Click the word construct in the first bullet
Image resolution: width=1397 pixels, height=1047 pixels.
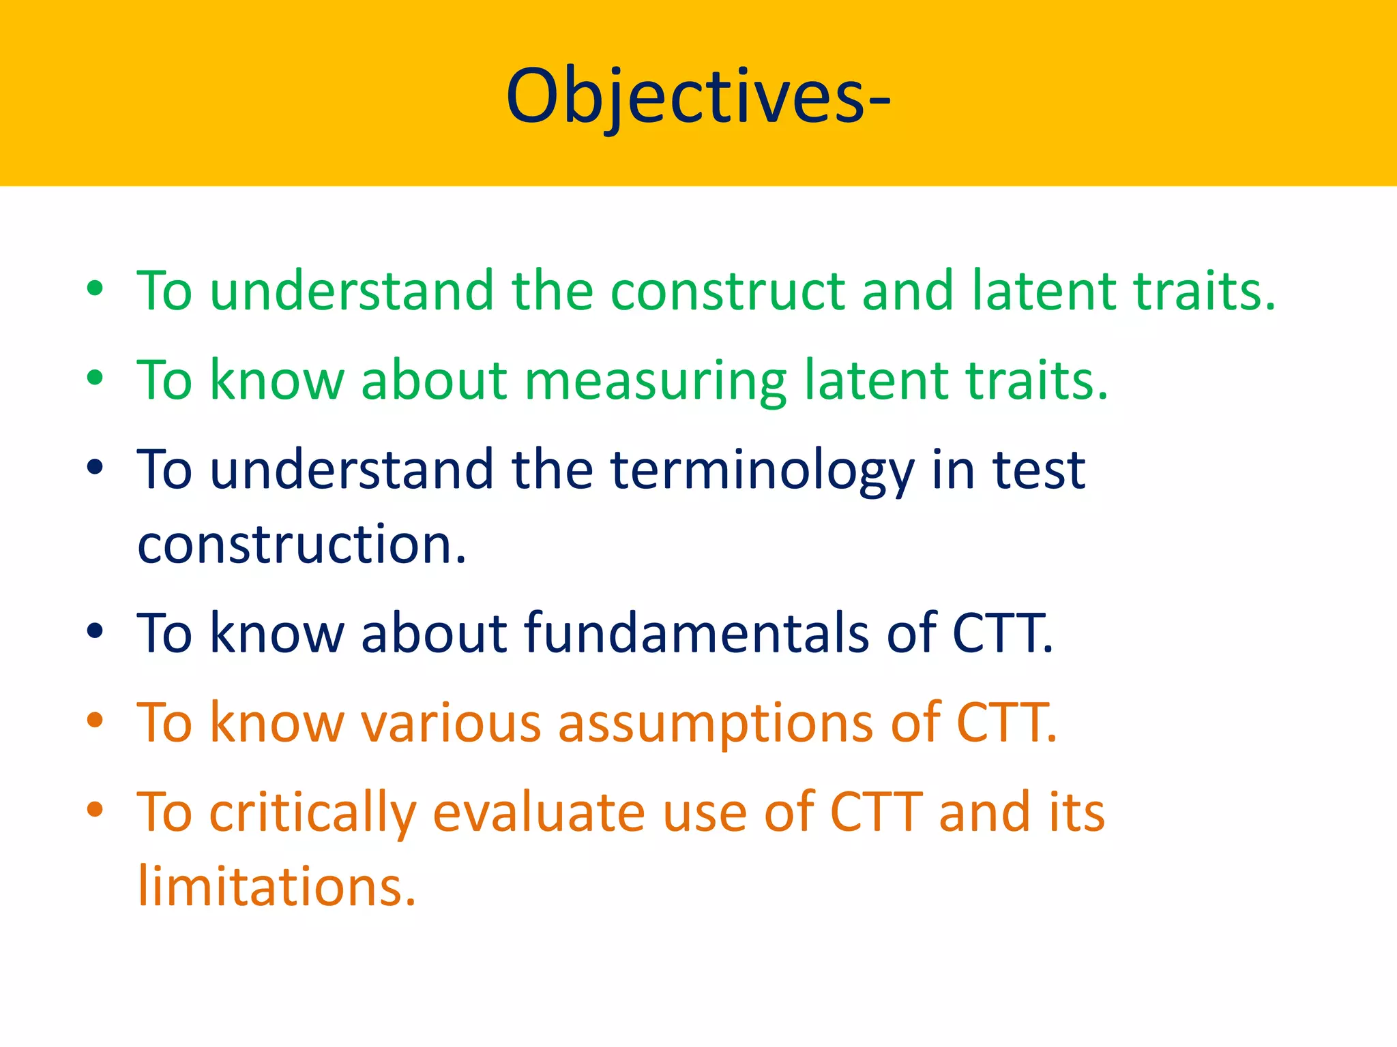(x=727, y=291)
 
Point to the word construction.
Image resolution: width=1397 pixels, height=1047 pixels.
(x=302, y=545)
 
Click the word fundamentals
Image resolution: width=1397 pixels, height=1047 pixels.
(x=696, y=633)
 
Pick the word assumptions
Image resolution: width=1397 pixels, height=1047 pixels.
(x=716, y=723)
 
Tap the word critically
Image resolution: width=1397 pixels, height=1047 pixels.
(x=312, y=813)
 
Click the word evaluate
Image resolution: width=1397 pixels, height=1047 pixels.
(x=539, y=813)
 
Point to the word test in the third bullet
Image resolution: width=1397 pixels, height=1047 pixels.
(x=1038, y=470)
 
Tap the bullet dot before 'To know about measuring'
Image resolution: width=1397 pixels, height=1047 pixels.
(x=95, y=378)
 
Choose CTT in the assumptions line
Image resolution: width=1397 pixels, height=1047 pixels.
(x=1005, y=723)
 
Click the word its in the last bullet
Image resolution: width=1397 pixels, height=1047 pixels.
(x=1076, y=813)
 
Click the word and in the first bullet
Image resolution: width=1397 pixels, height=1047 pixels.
(x=907, y=291)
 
